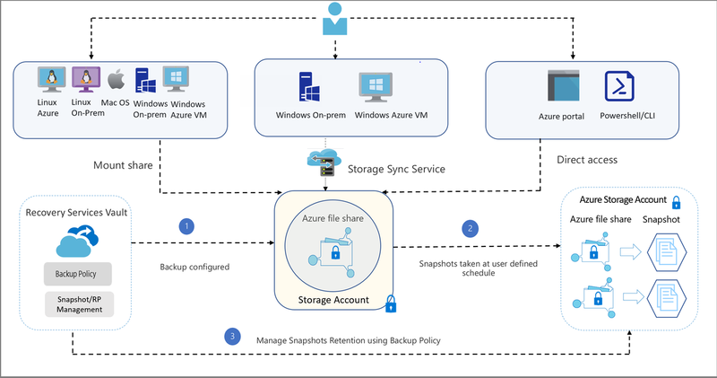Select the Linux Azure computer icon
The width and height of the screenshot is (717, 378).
[48, 80]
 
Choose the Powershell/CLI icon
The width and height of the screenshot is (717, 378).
[621, 89]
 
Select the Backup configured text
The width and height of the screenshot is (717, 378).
[196, 268]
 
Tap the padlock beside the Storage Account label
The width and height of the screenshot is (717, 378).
[391, 303]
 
